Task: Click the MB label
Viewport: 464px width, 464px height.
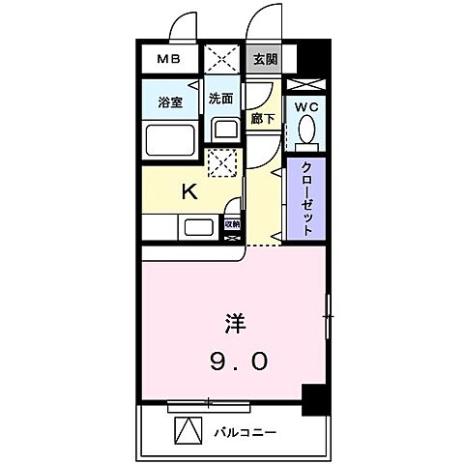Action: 169,60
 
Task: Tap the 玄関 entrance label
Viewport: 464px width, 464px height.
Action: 264,59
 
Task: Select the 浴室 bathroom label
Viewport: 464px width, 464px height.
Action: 170,102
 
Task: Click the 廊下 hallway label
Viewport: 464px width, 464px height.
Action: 261,119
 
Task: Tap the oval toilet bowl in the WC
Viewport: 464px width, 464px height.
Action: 307,129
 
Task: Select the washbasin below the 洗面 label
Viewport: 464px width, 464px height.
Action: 223,130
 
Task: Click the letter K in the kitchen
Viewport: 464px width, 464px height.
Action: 190,191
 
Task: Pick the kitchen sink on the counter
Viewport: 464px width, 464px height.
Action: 197,228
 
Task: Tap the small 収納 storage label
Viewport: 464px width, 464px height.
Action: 232,223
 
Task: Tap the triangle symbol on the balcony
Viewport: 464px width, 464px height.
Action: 187,430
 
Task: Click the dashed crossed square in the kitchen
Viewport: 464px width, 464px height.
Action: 223,164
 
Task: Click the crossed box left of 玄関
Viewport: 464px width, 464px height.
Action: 223,59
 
